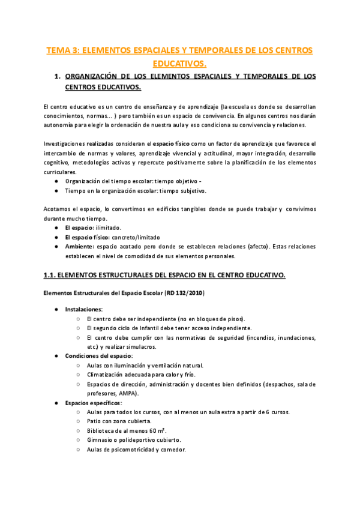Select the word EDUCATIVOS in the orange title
180,62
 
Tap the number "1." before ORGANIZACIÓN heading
58,76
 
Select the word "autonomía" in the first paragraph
59,125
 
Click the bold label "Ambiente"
79,247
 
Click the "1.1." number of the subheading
50,275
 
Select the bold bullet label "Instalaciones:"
84,309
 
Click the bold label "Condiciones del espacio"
98,356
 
